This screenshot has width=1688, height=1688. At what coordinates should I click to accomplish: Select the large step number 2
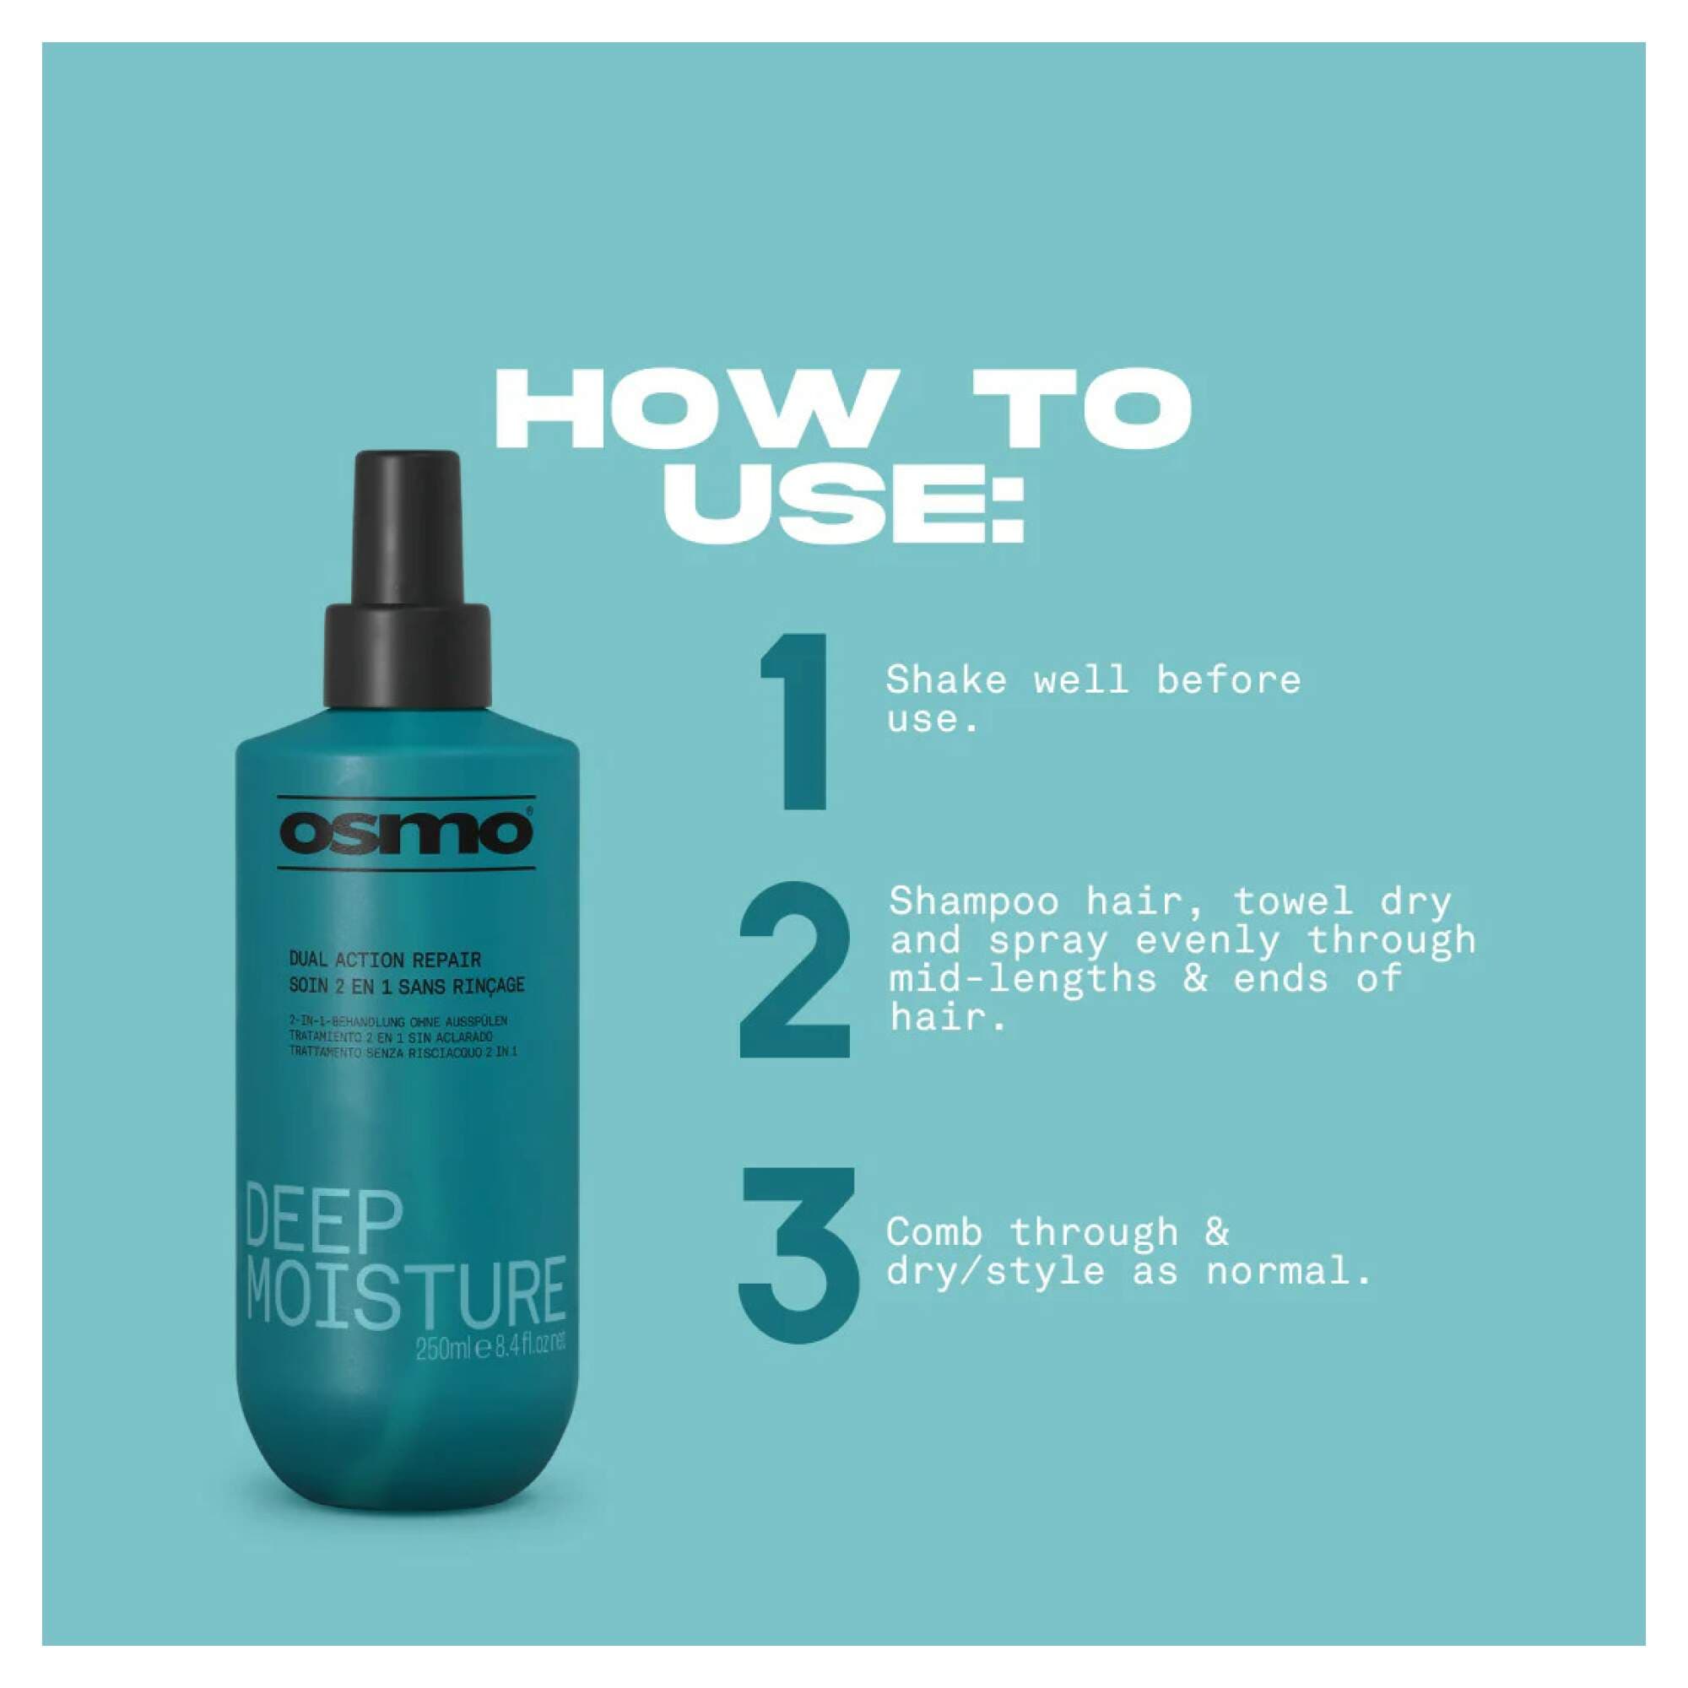794,971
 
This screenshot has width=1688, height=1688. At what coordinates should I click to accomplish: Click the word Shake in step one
945,680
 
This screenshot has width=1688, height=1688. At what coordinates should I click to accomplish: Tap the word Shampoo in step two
973,901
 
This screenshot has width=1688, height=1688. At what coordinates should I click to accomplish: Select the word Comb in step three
934,1232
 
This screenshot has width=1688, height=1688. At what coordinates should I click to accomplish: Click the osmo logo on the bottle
405,833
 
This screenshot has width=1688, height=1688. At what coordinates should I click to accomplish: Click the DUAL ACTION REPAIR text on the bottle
384,960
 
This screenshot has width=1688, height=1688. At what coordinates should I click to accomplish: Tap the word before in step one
1228,680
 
